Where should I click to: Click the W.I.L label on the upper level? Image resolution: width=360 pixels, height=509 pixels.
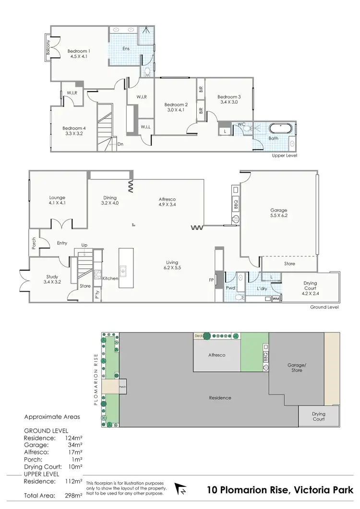click(145, 127)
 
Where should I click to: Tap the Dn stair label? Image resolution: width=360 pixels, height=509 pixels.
click(121, 143)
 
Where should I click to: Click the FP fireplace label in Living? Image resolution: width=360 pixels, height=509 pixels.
click(211, 279)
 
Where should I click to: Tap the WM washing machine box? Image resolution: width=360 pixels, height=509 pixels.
click(276, 298)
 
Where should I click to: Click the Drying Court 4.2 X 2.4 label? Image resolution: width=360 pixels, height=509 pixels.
click(310, 286)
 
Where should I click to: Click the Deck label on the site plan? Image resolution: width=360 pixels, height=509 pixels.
click(197, 336)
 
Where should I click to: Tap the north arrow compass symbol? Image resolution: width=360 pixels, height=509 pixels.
click(181, 489)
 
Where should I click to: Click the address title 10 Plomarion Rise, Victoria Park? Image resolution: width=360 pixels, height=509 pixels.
click(280, 490)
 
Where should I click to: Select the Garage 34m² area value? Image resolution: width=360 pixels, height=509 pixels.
click(74, 445)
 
